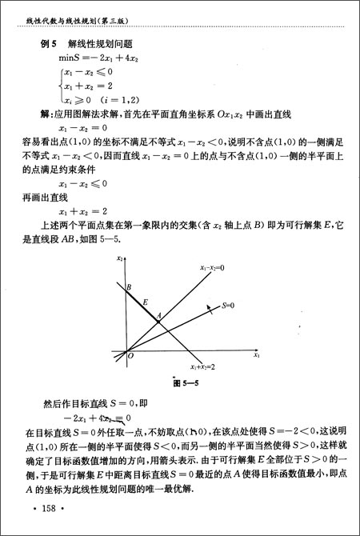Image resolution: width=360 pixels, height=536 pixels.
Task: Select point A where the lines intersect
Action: point(159,318)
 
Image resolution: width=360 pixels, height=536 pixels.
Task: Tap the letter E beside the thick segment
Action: point(145,302)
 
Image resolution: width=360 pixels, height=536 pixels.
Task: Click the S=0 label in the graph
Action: point(230,305)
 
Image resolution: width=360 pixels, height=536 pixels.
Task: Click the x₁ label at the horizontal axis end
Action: point(256,353)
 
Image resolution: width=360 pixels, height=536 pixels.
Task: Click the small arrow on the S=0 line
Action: point(210,309)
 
